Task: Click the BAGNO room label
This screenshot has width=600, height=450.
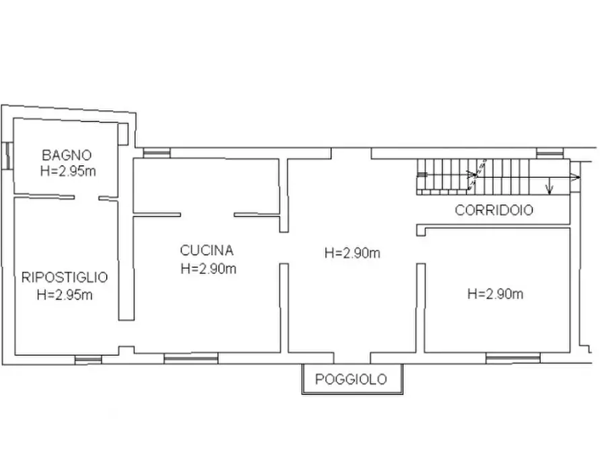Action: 66,155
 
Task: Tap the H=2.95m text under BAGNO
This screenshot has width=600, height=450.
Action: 67,171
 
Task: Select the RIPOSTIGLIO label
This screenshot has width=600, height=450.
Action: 65,277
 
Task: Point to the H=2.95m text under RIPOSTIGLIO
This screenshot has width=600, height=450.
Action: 65,294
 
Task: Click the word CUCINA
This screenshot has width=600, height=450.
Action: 207,251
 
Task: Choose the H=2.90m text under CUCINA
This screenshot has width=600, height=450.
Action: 208,269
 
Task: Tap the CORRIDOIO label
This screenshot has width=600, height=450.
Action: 494,210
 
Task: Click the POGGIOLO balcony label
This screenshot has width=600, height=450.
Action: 351,379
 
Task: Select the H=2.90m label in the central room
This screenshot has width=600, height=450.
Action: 352,253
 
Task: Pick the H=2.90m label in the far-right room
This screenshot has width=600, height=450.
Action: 495,294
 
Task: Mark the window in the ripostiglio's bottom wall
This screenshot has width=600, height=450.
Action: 88,359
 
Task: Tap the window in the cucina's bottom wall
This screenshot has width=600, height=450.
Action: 191,359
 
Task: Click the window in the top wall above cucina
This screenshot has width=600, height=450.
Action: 157,153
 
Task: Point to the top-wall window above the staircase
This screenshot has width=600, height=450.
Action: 548,153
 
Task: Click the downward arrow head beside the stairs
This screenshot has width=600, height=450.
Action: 550,191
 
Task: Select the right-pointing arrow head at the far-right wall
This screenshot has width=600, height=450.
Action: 576,177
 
